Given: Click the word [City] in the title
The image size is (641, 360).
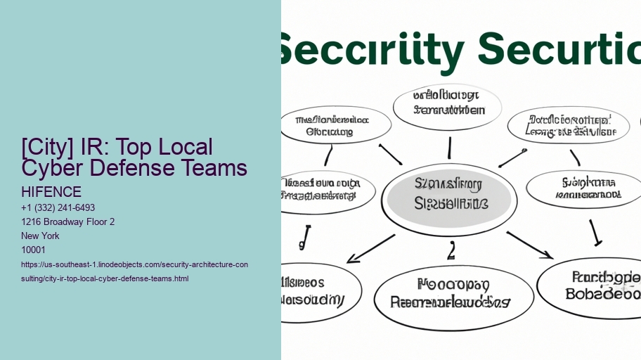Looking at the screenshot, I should coord(46,148).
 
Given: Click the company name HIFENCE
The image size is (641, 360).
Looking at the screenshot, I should coord(51,192).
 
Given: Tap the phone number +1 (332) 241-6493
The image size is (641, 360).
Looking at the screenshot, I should coord(58,208).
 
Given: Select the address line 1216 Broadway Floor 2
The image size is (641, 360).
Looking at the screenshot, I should coord(68,222).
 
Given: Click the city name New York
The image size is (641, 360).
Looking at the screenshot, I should coord(41,236).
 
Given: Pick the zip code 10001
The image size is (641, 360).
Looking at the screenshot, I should coord(34,250).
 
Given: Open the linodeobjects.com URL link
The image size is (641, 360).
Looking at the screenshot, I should coord(134,271).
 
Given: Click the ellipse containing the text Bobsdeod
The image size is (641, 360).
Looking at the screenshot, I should coord(594,287).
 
